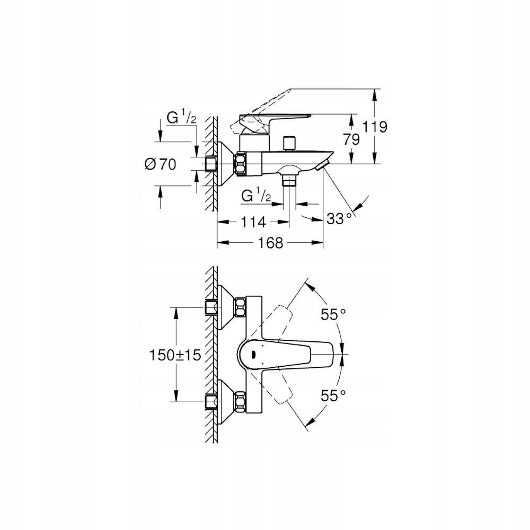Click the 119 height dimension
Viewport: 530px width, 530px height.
[376, 127]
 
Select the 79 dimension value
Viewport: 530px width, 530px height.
[351, 139]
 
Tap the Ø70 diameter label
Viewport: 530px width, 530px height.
[160, 165]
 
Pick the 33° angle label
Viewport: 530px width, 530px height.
[339, 218]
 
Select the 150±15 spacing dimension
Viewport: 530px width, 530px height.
[175, 355]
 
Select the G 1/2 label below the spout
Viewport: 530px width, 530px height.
[256, 196]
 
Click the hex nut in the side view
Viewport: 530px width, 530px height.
[241, 164]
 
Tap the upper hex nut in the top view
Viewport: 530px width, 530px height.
[240, 307]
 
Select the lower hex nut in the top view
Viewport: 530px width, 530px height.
[240, 402]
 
